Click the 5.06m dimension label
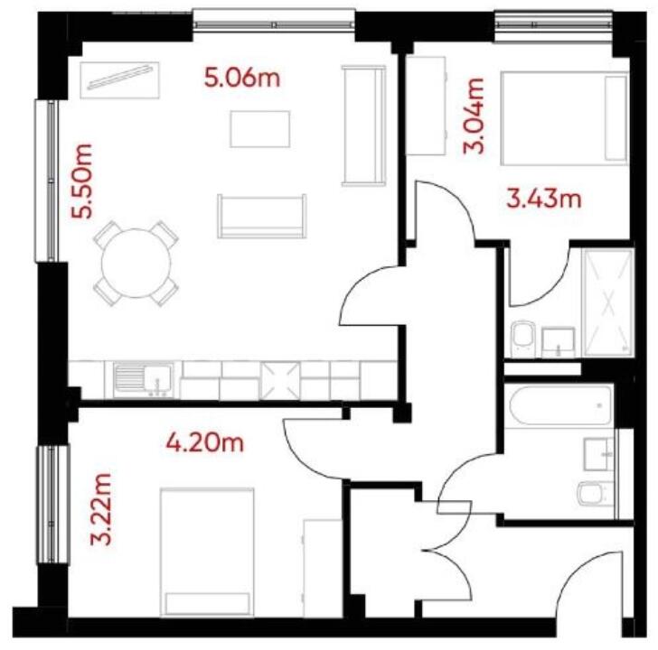242,78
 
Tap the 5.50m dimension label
84,182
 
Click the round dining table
136,262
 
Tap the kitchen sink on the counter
145,379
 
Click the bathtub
560,406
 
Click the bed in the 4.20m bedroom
207,551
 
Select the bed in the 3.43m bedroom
562,118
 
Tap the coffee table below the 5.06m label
260,128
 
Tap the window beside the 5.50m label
47,181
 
